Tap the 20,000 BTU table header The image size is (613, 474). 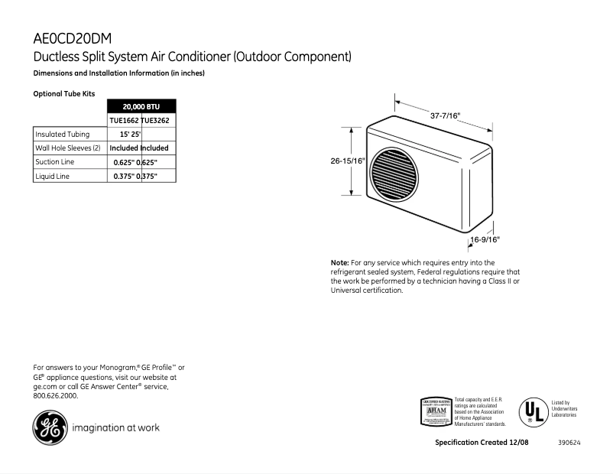[141, 106]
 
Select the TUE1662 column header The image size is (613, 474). [124, 120]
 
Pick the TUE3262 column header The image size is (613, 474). [159, 120]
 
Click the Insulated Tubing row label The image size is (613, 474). [62, 134]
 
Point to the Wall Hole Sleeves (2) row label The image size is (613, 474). [68, 148]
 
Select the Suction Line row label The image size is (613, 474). [54, 162]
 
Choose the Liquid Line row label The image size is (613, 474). [52, 176]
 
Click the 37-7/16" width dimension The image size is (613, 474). [445, 115]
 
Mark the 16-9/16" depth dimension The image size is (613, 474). [485, 239]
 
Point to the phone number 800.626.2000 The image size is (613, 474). [56, 395]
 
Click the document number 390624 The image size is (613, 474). [569, 443]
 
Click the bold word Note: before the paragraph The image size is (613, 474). [339, 263]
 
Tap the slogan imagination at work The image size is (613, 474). [115, 427]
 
